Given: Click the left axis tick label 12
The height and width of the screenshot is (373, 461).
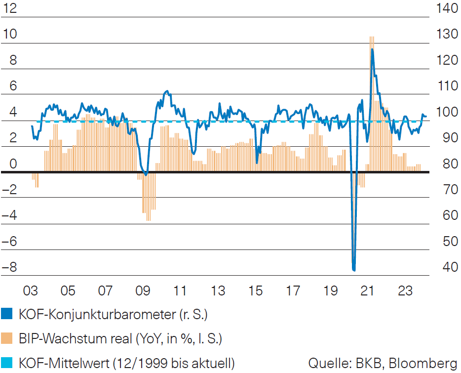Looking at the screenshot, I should [x=10, y=8].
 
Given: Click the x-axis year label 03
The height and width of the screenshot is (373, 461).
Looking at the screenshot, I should [x=31, y=290].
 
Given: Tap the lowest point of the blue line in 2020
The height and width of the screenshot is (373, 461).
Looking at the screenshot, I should [x=354, y=270].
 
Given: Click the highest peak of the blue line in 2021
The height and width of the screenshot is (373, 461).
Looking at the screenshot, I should [x=372, y=49].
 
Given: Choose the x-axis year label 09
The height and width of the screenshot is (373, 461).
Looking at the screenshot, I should [x=143, y=290].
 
